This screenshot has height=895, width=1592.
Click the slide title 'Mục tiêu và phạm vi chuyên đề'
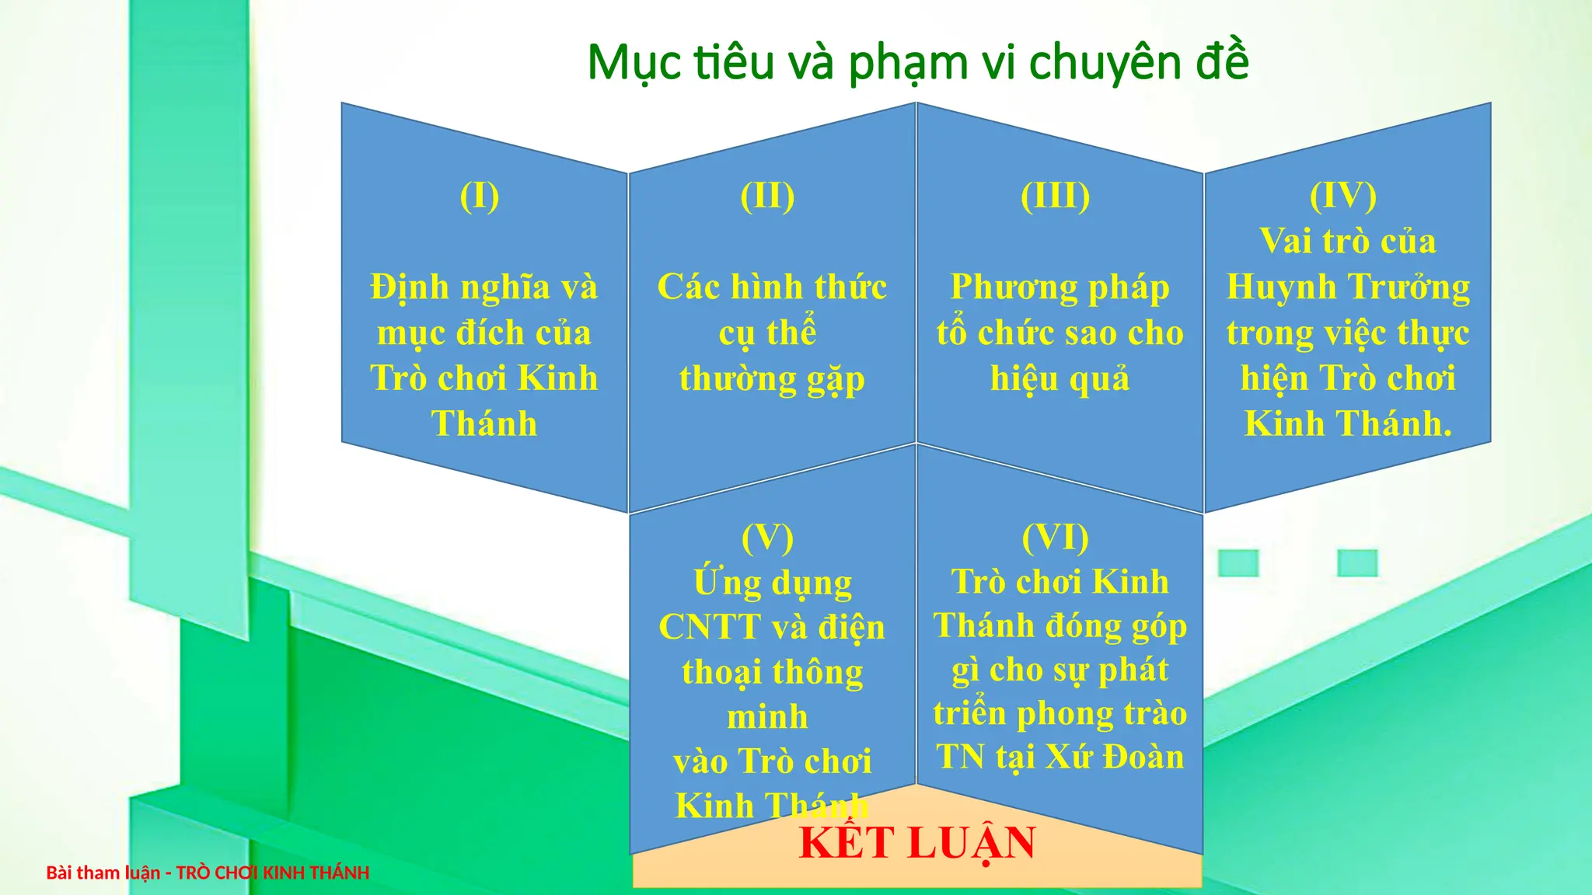tap(917, 62)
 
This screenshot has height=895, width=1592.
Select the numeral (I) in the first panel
tap(480, 196)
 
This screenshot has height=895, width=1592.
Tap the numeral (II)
tap(767, 196)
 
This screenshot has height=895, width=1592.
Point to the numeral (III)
tap(1055, 196)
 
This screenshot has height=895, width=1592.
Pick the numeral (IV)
tap(1343, 196)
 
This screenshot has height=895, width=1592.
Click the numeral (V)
tap(767, 538)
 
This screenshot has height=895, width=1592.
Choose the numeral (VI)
tap(1055, 538)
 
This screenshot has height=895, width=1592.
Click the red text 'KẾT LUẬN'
tap(917, 844)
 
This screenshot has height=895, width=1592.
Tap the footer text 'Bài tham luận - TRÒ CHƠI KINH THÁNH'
tap(208, 873)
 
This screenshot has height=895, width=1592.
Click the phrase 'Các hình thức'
tap(772, 287)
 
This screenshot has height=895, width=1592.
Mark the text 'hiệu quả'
tap(1060, 379)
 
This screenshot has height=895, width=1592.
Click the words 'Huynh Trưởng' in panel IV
tap(1348, 287)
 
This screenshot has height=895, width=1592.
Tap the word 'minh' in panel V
tap(767, 716)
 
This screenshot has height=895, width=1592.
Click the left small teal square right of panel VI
tap(1238, 563)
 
